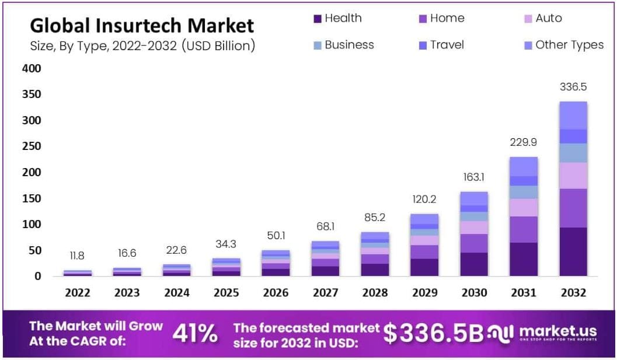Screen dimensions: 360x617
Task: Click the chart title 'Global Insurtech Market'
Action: pyautogui.click(x=142, y=26)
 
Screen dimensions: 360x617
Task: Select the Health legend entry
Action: pyautogui.click(x=338, y=18)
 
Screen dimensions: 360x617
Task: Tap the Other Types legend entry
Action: pyautogui.click(x=563, y=45)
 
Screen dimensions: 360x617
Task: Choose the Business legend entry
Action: pyautogui.click(x=343, y=45)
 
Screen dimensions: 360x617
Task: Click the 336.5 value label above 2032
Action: pyautogui.click(x=573, y=87)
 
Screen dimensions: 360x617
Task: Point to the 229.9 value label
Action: pyautogui.click(x=523, y=142)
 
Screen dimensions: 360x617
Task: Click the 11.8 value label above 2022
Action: pyautogui.click(x=77, y=256)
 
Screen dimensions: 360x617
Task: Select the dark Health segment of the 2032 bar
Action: pyautogui.click(x=573, y=251)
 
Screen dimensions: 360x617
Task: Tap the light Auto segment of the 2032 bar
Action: pyautogui.click(x=573, y=175)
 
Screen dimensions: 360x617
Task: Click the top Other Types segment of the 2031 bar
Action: pyautogui.click(x=523, y=166)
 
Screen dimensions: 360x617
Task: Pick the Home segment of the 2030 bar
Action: pyautogui.click(x=473, y=243)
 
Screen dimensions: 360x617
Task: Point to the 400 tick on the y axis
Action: pyautogui.click(x=32, y=68)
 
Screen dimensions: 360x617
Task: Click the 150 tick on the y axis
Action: pyautogui.click(x=32, y=198)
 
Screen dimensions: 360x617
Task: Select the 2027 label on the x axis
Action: pyautogui.click(x=325, y=292)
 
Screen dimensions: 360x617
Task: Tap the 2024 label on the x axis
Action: pyautogui.click(x=176, y=292)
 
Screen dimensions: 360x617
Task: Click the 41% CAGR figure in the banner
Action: pyautogui.click(x=195, y=334)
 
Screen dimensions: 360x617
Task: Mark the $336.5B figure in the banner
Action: pyautogui.click(x=433, y=333)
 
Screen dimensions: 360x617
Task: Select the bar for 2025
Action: pyautogui.click(x=226, y=267)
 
